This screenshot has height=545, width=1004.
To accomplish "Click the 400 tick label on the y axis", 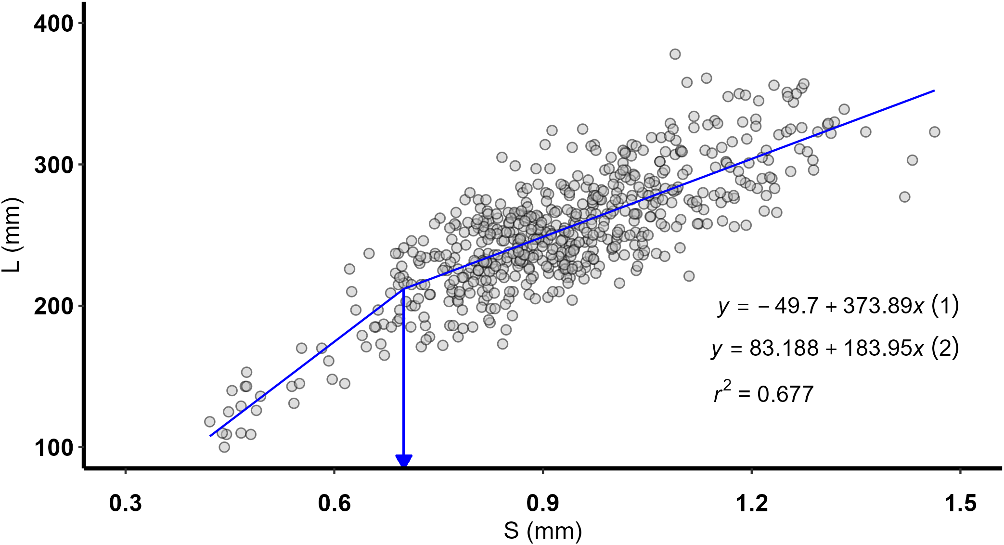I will [53, 23].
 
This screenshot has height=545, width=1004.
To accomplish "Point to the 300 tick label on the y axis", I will [53, 165].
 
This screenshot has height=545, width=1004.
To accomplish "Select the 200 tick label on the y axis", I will [53, 306].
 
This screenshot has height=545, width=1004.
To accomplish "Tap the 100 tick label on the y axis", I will [53, 448].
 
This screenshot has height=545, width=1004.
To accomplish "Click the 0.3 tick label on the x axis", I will [126, 503].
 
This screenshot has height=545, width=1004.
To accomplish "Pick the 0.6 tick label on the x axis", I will [334, 503].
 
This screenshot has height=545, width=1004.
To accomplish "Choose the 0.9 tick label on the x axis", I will [543, 503].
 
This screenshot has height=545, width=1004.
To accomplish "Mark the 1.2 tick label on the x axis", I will [752, 503].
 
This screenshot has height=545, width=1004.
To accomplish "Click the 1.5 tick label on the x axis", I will [960, 503].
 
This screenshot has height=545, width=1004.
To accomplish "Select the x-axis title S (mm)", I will [543, 531].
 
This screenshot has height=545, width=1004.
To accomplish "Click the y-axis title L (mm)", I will [12, 235].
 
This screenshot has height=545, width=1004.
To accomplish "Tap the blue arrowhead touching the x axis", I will [404, 461].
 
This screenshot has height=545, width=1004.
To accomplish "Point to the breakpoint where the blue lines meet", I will [404, 288].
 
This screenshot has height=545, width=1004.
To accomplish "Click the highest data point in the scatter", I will [675, 54].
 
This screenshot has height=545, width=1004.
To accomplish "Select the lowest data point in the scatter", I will [224, 447].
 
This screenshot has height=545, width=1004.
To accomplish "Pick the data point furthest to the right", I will [934, 132].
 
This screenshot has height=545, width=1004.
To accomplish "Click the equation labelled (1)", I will [837, 306].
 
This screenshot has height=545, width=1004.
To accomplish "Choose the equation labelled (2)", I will [835, 348].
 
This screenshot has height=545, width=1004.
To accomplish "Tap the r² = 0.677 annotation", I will [763, 393].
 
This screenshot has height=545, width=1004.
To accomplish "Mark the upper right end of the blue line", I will [934, 91].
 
